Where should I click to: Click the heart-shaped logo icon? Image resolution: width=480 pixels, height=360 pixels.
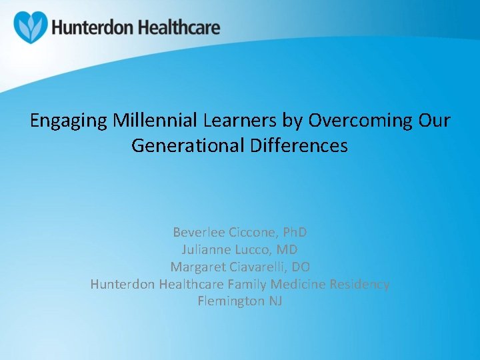(31, 27)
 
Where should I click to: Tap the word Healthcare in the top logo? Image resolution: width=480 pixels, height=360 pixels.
(178, 29)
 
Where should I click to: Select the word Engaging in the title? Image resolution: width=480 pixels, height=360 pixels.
(69, 121)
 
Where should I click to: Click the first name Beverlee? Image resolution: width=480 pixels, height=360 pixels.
(199, 233)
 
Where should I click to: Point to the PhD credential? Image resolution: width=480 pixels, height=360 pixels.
(295, 233)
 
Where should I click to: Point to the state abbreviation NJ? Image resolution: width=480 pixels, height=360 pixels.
(275, 301)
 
